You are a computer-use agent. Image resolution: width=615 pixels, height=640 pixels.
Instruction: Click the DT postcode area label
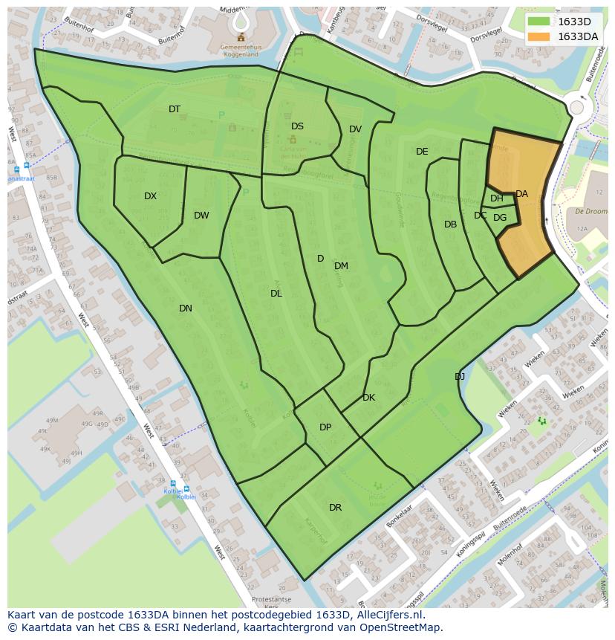point(175,109)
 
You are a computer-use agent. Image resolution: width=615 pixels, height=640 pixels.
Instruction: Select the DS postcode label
point(297,126)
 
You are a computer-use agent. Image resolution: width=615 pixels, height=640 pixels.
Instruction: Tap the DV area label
point(355,129)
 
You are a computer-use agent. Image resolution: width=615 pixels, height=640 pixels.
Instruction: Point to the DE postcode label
point(422,152)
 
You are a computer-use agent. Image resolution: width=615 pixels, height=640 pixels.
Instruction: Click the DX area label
point(151,196)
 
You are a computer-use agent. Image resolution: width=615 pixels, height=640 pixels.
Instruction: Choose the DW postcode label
point(201,216)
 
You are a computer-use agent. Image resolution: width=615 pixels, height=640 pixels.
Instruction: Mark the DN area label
point(186,308)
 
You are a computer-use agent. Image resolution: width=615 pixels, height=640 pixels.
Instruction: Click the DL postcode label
point(276,294)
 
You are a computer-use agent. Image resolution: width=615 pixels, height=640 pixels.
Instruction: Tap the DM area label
point(341,266)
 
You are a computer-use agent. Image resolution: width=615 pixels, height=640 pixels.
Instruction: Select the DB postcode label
point(450,224)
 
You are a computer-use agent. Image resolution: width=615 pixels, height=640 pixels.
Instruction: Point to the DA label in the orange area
point(521,194)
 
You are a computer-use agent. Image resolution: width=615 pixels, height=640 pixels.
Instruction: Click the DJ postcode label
point(460,377)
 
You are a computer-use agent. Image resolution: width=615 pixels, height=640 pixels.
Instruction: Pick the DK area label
point(368,398)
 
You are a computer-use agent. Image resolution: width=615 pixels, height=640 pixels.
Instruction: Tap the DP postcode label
point(325,427)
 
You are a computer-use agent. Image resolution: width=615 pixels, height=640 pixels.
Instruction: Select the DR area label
point(335,508)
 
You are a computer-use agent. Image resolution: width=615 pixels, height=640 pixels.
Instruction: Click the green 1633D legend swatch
point(539,22)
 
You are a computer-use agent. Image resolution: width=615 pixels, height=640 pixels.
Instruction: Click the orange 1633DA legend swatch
point(539,36)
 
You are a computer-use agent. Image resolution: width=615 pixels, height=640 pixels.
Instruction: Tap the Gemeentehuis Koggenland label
point(239,50)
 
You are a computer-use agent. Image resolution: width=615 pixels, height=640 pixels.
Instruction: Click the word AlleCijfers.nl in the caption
point(389,615)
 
